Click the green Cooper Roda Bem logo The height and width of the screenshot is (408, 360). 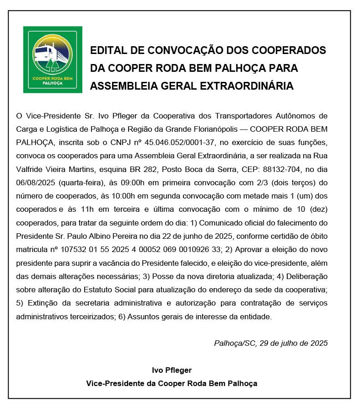53,59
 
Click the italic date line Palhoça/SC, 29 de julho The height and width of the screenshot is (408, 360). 271,343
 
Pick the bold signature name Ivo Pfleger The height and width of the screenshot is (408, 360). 172,370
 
